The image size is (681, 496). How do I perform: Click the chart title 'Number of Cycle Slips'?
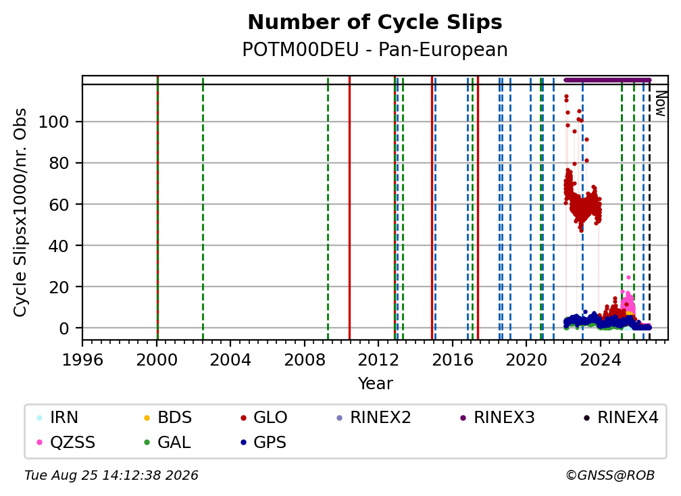tap(375, 22)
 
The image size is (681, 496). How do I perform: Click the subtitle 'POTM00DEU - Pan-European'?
tap(375, 49)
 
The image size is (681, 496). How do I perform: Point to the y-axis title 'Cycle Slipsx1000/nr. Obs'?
tap(20, 212)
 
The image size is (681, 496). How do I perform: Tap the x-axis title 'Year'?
tap(375, 384)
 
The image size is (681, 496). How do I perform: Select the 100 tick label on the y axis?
tap(54, 122)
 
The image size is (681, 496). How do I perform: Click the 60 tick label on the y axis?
tap(59, 204)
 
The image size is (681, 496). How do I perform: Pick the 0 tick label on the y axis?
tap(64, 328)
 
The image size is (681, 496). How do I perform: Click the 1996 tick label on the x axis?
tap(82, 360)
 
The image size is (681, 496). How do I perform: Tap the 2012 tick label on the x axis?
tap(378, 360)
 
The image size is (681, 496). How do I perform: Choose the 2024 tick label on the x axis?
tap(600, 360)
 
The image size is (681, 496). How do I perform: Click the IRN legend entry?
tap(58, 418)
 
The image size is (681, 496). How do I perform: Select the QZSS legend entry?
tap(66, 443)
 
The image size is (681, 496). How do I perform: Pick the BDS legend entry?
tap(168, 418)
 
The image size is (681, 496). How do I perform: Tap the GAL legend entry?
tap(168, 443)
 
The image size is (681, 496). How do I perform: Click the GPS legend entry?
tap(263, 443)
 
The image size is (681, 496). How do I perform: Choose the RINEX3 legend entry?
tap(497, 418)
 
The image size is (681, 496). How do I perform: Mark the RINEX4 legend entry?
tap(621, 418)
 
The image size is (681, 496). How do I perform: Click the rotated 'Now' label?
tap(660, 103)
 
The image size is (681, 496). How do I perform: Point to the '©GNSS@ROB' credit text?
tap(610, 476)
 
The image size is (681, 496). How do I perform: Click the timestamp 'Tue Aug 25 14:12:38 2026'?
tap(111, 476)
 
